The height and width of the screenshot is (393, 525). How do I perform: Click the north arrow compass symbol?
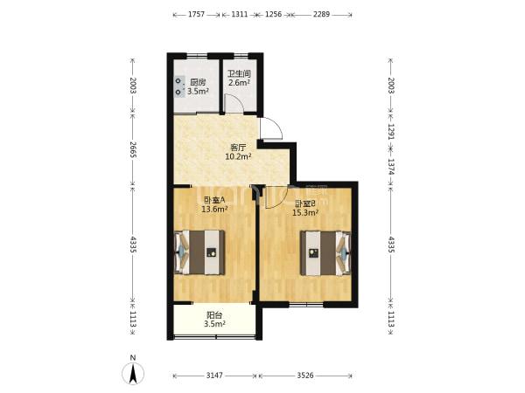[133, 373]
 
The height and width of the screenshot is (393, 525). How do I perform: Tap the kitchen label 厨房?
[198, 82]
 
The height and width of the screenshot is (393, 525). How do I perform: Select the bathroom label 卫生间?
[240, 73]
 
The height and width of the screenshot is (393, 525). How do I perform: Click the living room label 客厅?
[238, 148]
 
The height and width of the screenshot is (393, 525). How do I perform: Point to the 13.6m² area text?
[214, 210]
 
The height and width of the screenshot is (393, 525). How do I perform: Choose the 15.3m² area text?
[305, 212]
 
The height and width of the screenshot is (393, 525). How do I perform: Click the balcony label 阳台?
[214, 315]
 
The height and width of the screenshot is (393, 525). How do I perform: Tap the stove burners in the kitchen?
[179, 86]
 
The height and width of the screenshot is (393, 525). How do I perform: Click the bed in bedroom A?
[199, 252]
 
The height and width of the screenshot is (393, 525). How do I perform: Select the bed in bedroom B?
[325, 253]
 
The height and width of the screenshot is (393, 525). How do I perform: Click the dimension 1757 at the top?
[196, 14]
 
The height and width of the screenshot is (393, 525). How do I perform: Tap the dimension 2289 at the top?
[321, 14]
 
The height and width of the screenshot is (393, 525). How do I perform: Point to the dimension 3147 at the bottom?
[214, 376]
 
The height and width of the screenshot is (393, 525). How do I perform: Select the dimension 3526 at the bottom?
[305, 376]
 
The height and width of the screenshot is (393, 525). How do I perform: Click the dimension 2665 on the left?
[133, 149]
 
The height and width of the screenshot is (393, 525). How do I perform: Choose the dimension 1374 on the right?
[391, 166]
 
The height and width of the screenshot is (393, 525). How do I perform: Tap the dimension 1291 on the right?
[391, 131]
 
